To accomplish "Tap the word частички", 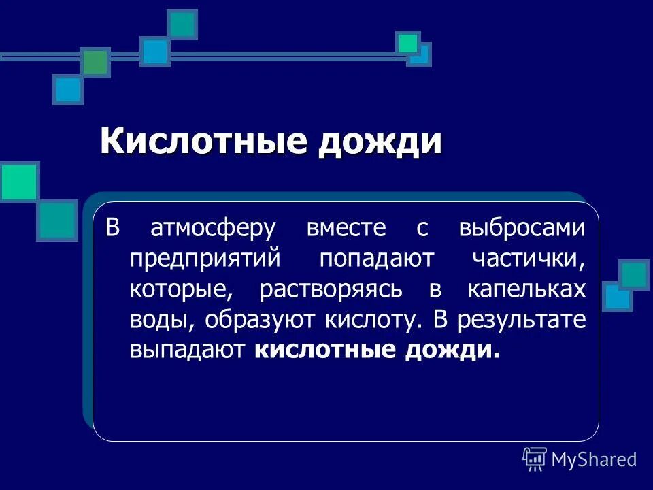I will coord(528,259).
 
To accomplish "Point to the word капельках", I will coord(526,289).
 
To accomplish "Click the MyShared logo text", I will coord(594,459).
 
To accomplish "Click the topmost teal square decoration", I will coord(182,24).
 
